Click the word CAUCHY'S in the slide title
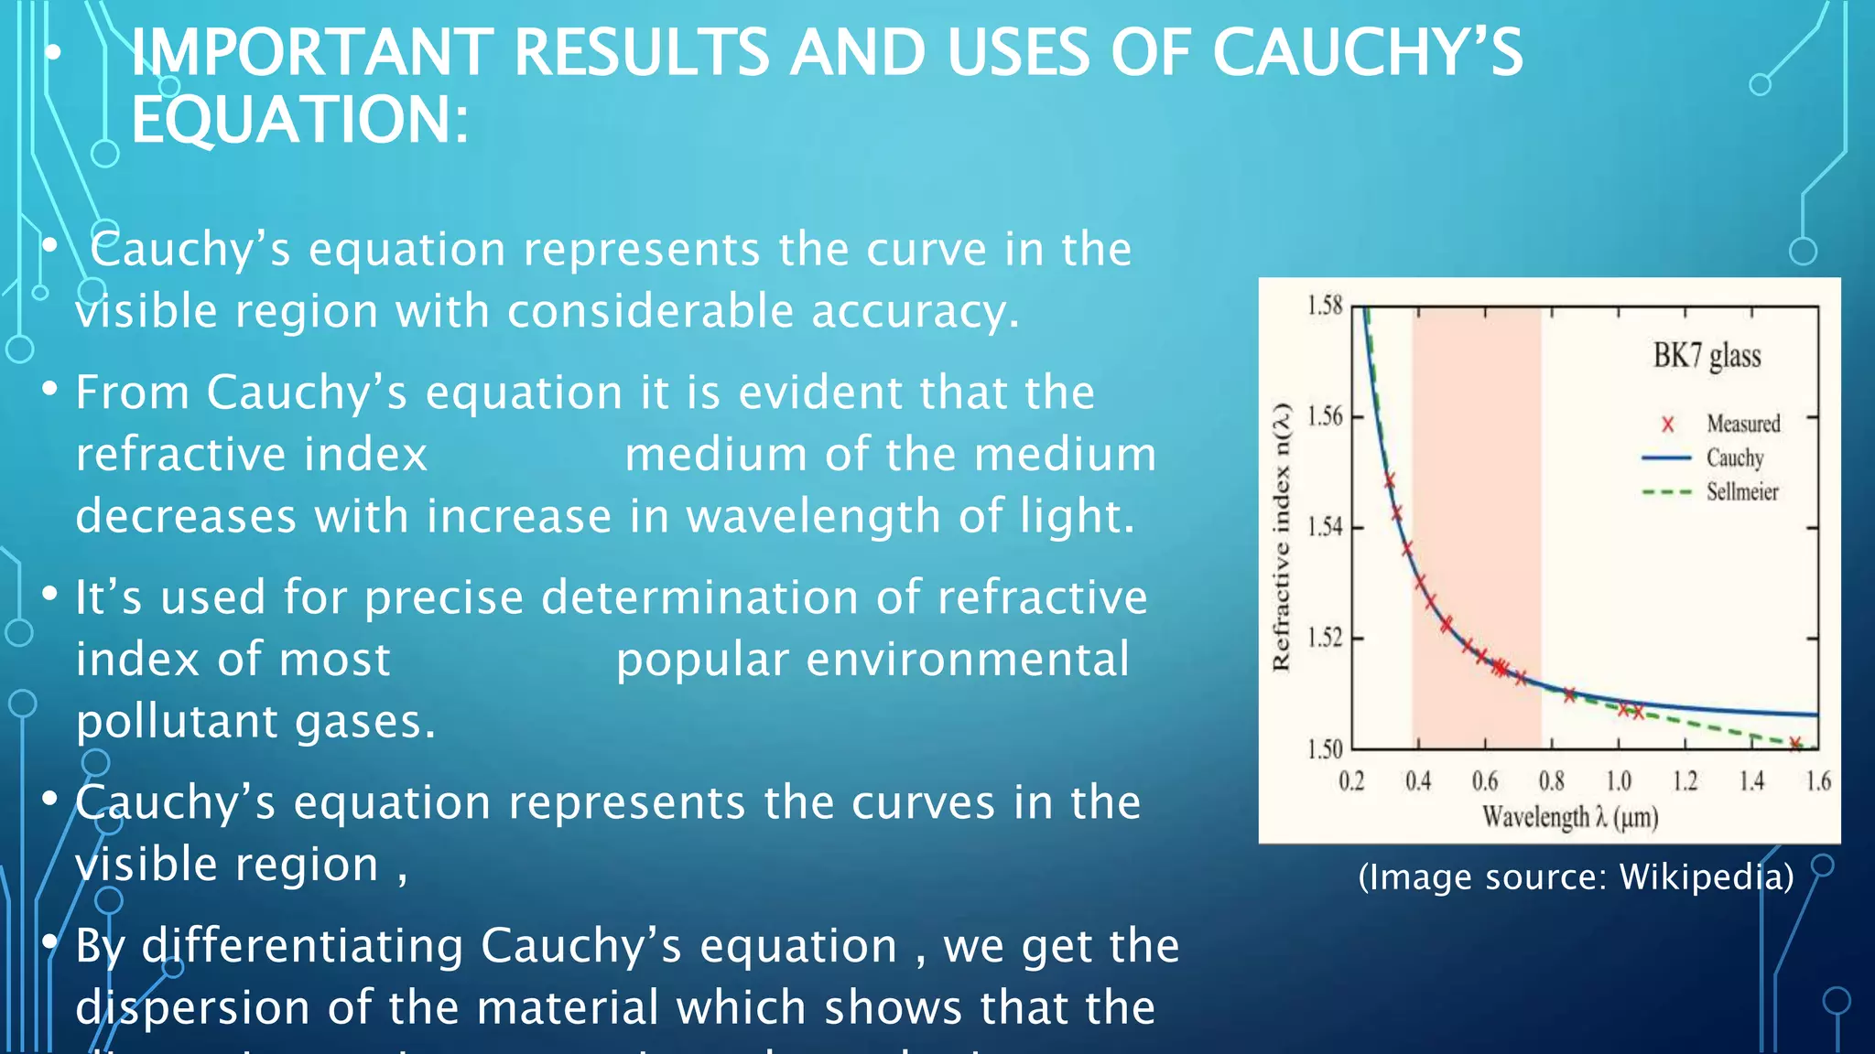[x=1367, y=52]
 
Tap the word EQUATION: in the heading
[x=299, y=120]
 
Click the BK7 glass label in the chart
[x=1707, y=355]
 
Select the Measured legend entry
[x=1742, y=424]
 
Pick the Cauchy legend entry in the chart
[x=1734, y=457]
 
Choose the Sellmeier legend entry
[x=1741, y=491]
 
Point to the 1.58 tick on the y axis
[x=1324, y=306]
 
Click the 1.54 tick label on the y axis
[x=1324, y=527]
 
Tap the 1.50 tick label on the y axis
[x=1324, y=749]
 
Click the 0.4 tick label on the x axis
[x=1418, y=781]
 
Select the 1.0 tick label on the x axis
[x=1619, y=781]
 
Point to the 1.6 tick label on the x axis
[x=1818, y=781]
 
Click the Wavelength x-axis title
[x=1569, y=816]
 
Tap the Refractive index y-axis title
[x=1282, y=536]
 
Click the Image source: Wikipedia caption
[x=1576, y=877]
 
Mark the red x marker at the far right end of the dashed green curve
[x=1795, y=744]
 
